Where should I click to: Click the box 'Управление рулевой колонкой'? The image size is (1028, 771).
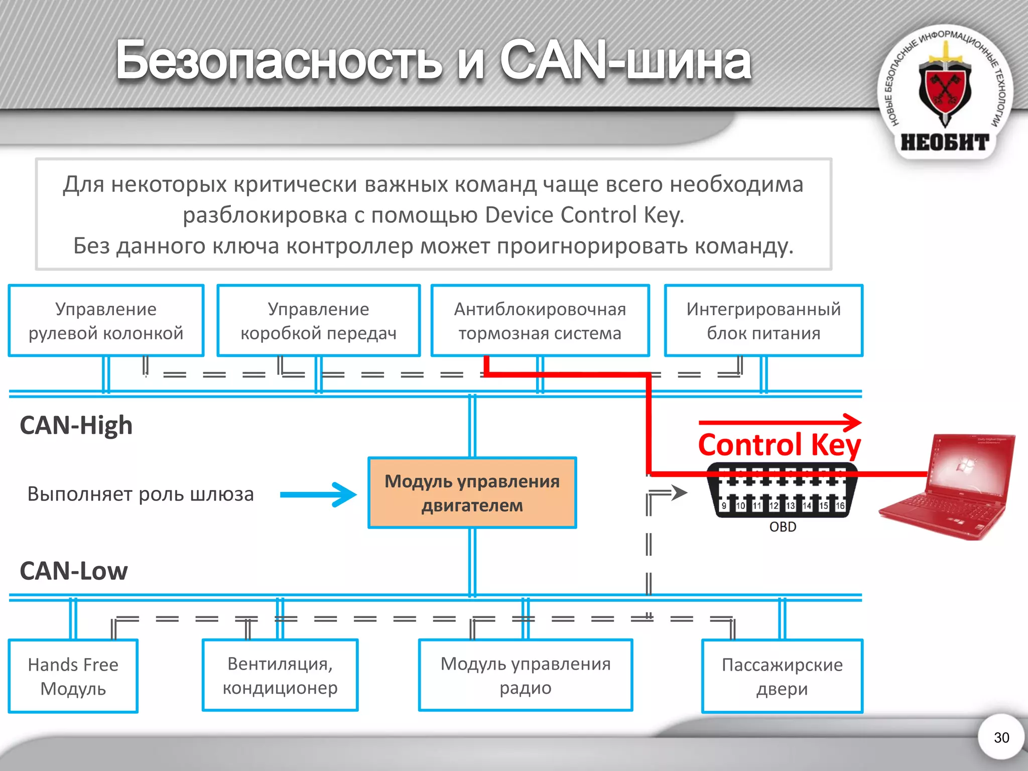pyautogui.click(x=106, y=321)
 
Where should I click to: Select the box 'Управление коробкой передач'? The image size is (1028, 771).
pyautogui.click(x=318, y=321)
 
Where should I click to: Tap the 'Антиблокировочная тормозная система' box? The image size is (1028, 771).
pyautogui.click(x=540, y=321)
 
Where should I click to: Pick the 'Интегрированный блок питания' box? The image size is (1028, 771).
pyautogui.click(x=763, y=321)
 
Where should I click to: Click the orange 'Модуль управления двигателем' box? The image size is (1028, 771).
pyautogui.click(x=472, y=493)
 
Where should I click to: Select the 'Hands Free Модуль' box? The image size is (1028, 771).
pyautogui.click(x=73, y=676)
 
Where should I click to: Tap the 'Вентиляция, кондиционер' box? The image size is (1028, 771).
pyautogui.click(x=280, y=675)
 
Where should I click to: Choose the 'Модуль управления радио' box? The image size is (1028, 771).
pyautogui.click(x=526, y=675)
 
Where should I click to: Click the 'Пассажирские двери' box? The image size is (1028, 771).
pyautogui.click(x=782, y=676)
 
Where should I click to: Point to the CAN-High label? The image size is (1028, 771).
pyautogui.click(x=76, y=425)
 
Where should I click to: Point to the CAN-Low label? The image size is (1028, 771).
pyautogui.click(x=74, y=571)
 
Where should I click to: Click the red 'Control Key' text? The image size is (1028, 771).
pyautogui.click(x=779, y=445)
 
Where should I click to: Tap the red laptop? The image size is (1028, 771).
pyautogui.click(x=949, y=489)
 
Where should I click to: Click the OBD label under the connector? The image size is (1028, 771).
pyautogui.click(x=783, y=527)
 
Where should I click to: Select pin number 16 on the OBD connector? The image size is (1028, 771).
pyautogui.click(x=840, y=505)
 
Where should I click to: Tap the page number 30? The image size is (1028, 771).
pyautogui.click(x=1001, y=737)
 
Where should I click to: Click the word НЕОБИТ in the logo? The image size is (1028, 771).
pyautogui.click(x=945, y=143)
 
